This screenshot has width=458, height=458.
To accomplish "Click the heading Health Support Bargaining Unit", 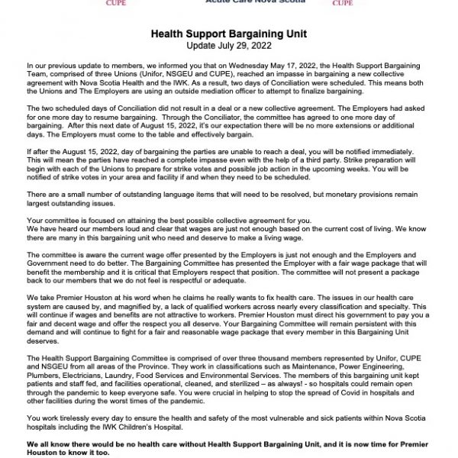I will click(228, 34).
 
